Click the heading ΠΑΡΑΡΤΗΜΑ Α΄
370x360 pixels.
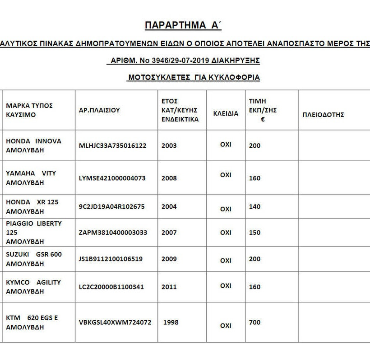183,25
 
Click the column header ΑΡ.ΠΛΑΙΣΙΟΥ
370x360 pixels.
99,110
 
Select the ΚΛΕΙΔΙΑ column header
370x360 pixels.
226,114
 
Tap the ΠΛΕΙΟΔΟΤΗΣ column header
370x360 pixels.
323,115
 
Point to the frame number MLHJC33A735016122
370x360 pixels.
112,146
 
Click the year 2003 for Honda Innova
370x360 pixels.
169,146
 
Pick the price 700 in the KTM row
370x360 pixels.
254,323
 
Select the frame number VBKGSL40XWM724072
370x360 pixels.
115,323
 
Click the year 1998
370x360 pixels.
171,323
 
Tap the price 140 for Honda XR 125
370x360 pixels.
254,206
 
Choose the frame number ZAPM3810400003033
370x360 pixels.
113,233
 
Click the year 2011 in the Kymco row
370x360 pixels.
169,287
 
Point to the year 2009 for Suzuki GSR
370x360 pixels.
169,259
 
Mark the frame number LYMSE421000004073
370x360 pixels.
112,178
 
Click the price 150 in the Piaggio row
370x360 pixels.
254,233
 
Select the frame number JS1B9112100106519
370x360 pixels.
111,259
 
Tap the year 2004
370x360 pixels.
169,206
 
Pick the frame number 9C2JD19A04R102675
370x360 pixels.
111,206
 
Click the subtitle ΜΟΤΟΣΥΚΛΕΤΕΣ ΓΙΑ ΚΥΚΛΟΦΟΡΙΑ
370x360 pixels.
194,78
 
